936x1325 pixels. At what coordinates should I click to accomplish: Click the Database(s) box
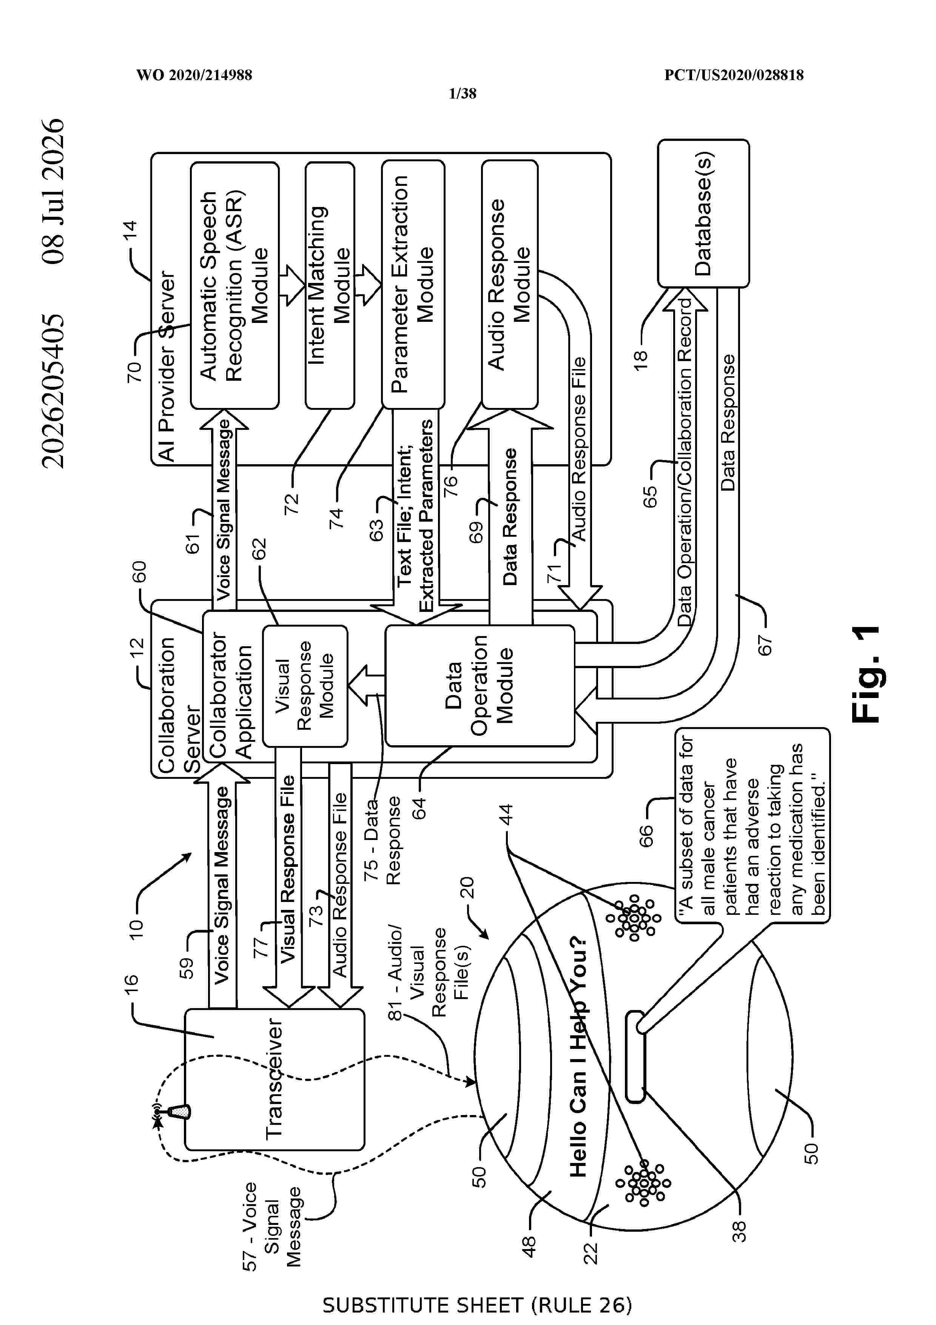pos(703,213)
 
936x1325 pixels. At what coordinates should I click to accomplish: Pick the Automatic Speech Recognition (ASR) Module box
pos(235,286)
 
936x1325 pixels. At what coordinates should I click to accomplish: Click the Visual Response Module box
pos(305,686)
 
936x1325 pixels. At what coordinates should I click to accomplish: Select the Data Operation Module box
pos(480,686)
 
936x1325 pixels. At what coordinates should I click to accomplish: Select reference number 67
pos(764,645)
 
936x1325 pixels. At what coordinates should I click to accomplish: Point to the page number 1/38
pos(463,94)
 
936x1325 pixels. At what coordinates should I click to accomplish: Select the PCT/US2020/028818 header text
pos(734,75)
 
